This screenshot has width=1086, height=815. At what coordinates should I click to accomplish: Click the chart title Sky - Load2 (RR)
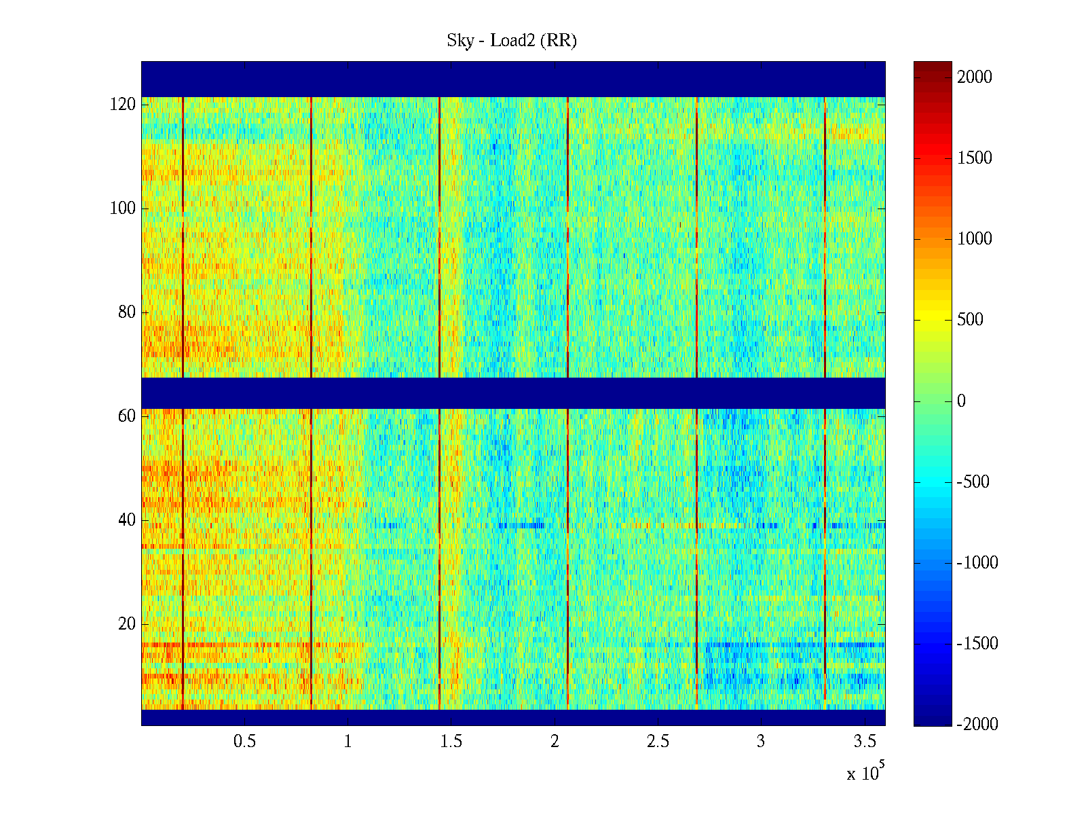pyautogui.click(x=512, y=41)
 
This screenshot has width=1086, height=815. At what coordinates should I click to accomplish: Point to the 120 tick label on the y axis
pyautogui.click(x=123, y=105)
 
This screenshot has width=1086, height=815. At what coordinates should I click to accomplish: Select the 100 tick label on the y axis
pyautogui.click(x=123, y=209)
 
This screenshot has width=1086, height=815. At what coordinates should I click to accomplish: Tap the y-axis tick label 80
pyautogui.click(x=127, y=312)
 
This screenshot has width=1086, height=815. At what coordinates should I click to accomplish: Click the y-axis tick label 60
pyautogui.click(x=127, y=416)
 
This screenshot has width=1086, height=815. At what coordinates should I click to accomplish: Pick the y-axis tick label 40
pyautogui.click(x=127, y=520)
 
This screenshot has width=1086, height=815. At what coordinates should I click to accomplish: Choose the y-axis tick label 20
pyautogui.click(x=127, y=624)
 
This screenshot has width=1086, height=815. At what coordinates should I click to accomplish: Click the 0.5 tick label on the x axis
pyautogui.click(x=244, y=742)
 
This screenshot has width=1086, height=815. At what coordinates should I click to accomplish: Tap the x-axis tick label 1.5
pyautogui.click(x=451, y=742)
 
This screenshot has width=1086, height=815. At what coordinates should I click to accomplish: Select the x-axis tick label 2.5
pyautogui.click(x=658, y=742)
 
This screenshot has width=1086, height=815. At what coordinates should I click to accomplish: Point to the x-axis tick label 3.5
pyautogui.click(x=864, y=742)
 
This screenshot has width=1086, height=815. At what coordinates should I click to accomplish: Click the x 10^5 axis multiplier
pyautogui.click(x=865, y=772)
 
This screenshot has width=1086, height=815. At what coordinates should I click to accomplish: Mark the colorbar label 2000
pyautogui.click(x=975, y=77)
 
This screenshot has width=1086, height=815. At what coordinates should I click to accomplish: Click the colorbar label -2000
pyautogui.click(x=977, y=725)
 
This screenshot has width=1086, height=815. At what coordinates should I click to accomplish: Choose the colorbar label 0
pyautogui.click(x=961, y=401)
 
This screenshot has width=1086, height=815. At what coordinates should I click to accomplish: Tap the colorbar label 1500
pyautogui.click(x=975, y=158)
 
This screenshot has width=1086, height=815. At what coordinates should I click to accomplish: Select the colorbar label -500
pyautogui.click(x=973, y=482)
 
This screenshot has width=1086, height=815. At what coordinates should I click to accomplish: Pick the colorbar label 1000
pyautogui.click(x=975, y=239)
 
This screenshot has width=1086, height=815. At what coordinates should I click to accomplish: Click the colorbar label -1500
pyautogui.click(x=977, y=644)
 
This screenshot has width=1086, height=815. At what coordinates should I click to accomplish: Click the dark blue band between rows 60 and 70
pyautogui.click(x=513, y=393)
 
